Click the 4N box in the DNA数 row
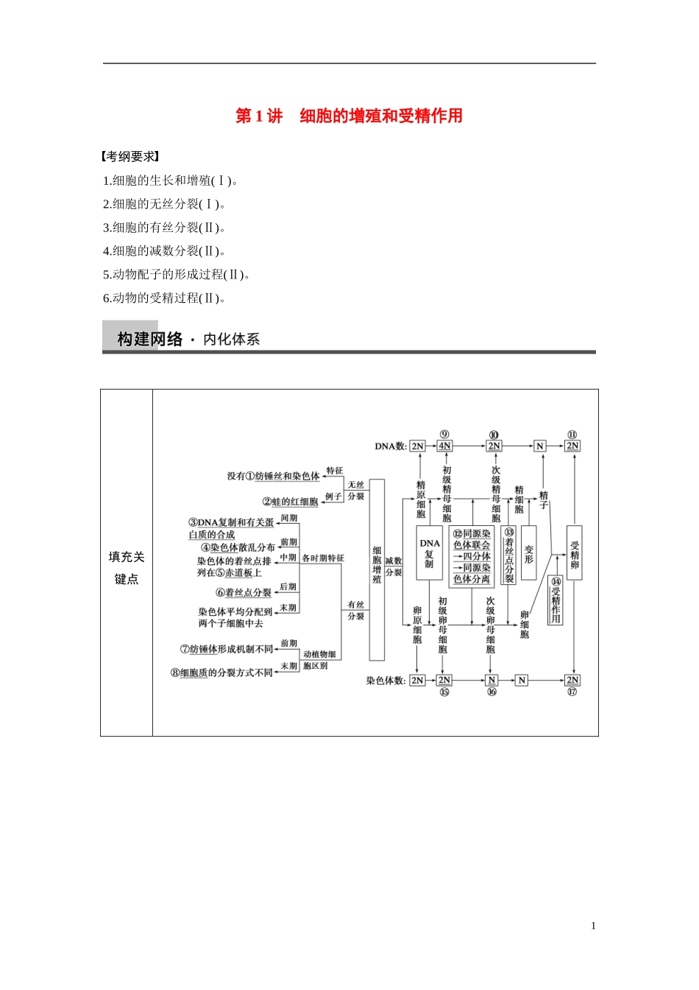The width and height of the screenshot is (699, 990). click(444, 446)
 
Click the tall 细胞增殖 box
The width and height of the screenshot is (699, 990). click(377, 569)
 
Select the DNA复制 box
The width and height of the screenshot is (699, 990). click(429, 553)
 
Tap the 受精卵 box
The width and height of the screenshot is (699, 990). click(574, 552)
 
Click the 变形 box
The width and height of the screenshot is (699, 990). click(528, 553)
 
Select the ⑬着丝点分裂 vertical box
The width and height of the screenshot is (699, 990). click(508, 555)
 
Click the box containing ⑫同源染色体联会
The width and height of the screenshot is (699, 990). click(472, 556)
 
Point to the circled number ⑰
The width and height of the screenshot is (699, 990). click(572, 692)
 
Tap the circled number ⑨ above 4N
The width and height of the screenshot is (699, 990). click(444, 435)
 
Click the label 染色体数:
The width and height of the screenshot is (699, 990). click(386, 681)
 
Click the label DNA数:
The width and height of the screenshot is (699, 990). click(390, 446)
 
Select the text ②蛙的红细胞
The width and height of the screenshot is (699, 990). click(290, 502)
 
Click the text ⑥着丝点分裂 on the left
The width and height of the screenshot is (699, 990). click(244, 592)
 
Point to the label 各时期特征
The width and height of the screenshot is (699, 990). click(322, 558)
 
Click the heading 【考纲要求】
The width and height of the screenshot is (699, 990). click(131, 156)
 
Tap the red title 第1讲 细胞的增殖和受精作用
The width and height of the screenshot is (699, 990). click(349, 116)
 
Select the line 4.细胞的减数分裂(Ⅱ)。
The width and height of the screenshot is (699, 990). click(165, 251)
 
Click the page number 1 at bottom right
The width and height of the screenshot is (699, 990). click(593, 926)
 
